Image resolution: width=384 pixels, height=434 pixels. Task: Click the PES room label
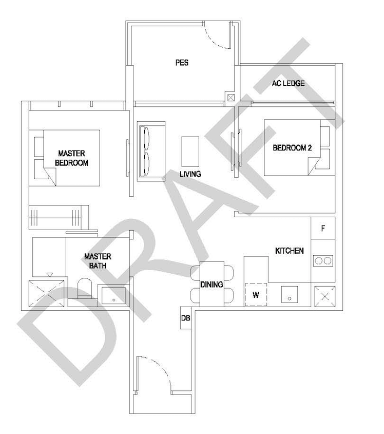point(182,63)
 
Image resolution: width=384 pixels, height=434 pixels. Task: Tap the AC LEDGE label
point(289,83)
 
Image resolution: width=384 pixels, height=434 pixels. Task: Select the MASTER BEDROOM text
point(72,158)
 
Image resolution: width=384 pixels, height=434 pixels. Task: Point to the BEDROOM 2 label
point(292,148)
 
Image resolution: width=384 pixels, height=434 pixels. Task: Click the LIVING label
point(190,174)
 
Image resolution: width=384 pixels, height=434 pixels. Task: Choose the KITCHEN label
point(290,251)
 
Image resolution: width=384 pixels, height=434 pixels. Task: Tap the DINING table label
point(212,284)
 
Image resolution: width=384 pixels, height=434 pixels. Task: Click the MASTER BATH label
point(98,261)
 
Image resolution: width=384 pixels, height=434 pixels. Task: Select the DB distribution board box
point(186,318)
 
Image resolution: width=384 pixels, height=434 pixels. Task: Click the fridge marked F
point(323,229)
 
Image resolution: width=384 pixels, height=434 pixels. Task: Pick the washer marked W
point(256,294)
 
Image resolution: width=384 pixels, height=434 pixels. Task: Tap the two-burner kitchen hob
point(323,261)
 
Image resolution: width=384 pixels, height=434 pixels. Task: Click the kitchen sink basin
point(290,294)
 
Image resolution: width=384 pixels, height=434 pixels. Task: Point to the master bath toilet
point(84,288)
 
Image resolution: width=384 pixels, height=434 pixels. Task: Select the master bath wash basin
point(113,296)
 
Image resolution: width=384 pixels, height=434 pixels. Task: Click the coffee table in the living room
point(190,152)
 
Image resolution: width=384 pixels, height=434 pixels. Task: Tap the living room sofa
point(151,152)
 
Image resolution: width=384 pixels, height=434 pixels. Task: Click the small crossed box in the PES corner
point(231,98)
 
